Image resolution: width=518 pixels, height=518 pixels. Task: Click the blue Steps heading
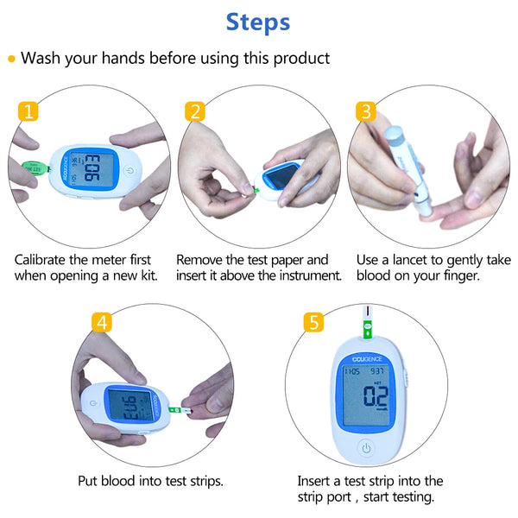tap(258, 22)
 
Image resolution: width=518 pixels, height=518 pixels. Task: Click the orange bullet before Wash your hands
tap(11, 60)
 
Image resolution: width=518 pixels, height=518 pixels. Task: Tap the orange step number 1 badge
tap(28, 111)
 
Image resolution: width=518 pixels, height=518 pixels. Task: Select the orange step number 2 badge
tap(196, 111)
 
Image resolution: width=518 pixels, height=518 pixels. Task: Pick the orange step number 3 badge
tap(366, 111)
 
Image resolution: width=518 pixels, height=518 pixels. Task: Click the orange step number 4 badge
tap(103, 323)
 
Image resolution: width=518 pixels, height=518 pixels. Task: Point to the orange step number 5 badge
tap(314, 323)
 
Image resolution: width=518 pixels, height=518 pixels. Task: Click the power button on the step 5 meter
tap(366, 448)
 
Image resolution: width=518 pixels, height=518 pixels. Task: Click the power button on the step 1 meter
tap(128, 170)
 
